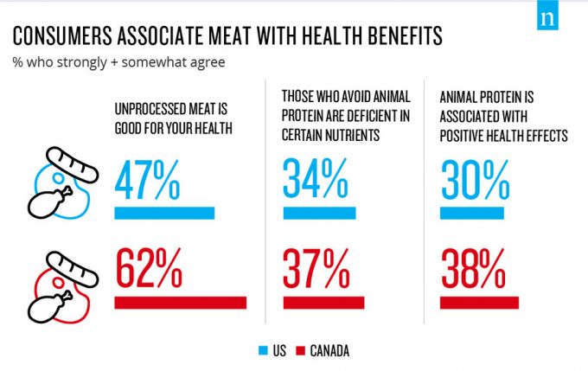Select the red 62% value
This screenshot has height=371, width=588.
(x=148, y=270)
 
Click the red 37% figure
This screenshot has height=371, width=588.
(x=314, y=270)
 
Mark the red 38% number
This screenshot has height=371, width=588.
(x=473, y=270)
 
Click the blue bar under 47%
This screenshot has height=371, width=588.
(x=164, y=214)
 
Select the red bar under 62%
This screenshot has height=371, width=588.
(x=180, y=303)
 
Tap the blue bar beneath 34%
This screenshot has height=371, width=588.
(x=318, y=214)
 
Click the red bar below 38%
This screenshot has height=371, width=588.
(x=479, y=303)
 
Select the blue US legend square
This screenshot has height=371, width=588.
(x=263, y=350)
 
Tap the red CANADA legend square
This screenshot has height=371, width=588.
(x=302, y=350)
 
